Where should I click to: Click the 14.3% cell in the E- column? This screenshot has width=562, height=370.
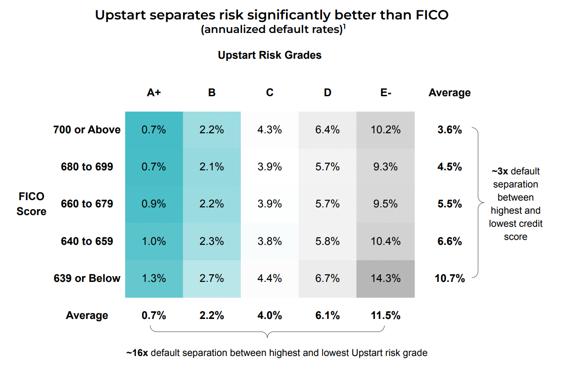coord(385,279)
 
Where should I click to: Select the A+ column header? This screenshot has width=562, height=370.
coord(154,93)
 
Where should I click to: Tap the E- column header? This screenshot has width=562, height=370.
coord(385,93)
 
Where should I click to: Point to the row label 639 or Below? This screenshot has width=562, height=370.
coord(87,278)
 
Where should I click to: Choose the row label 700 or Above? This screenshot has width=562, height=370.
coord(87,130)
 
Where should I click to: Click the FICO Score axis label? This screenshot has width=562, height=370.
coord(32,204)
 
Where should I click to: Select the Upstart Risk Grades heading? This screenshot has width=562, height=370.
coord(270,55)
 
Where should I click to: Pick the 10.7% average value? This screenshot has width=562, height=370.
coord(450,278)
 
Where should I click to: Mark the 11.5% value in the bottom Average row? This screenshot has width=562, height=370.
coord(385,315)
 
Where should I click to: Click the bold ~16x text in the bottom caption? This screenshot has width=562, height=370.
coord(137,352)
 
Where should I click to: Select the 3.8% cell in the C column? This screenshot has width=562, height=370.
coord(270,241)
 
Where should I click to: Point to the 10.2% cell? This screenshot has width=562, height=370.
coord(385,130)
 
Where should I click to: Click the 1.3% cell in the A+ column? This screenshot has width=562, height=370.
coord(154,279)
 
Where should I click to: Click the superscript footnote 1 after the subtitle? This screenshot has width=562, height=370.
coord(344,27)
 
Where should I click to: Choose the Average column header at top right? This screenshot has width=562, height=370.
coord(450,93)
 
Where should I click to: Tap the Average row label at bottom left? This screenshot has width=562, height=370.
coord(87,315)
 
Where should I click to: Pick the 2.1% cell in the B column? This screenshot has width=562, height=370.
coord(211,167)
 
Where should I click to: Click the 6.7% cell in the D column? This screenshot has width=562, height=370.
coord(328,279)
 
